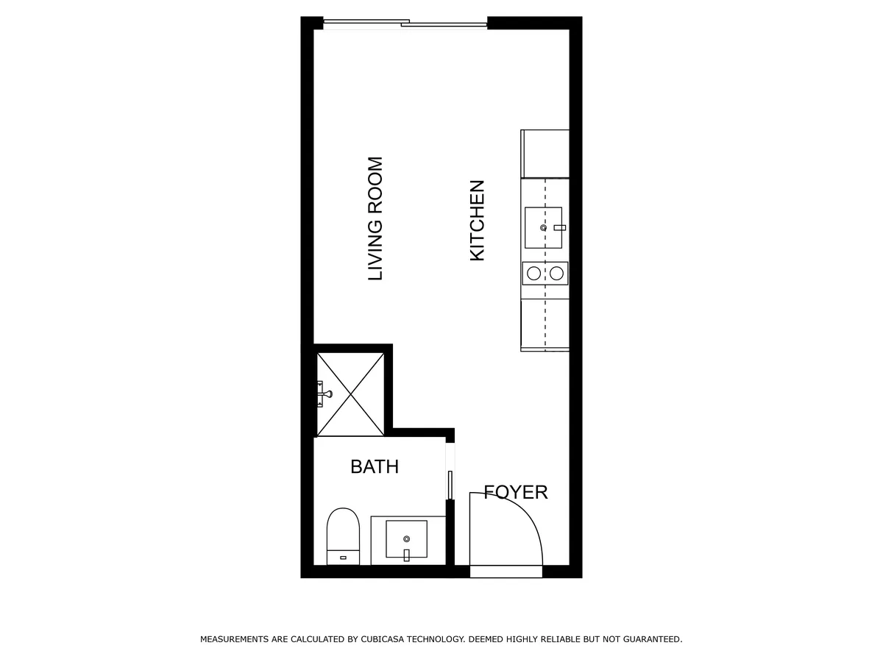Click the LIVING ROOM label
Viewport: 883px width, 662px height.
point(375,218)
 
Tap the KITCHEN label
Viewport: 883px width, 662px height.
point(477,221)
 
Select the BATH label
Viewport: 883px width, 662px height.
point(375,466)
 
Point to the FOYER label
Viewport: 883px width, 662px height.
point(516,492)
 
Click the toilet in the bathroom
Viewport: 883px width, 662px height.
point(343,536)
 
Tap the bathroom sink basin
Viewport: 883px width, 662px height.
point(406,539)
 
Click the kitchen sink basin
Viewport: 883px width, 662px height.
point(543,227)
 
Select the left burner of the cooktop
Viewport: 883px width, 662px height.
point(533,274)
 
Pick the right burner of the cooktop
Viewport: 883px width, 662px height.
point(557,274)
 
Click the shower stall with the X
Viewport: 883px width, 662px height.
point(350,394)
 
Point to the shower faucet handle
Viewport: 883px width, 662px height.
point(325,394)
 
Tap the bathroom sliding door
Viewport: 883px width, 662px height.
point(450,485)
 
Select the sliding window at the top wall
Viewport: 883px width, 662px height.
point(405,24)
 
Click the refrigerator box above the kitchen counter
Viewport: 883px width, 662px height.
point(545,154)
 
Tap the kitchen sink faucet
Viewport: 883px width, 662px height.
point(559,227)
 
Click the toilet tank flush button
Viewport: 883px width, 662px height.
point(343,558)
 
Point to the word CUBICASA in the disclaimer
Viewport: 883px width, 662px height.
point(383,638)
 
